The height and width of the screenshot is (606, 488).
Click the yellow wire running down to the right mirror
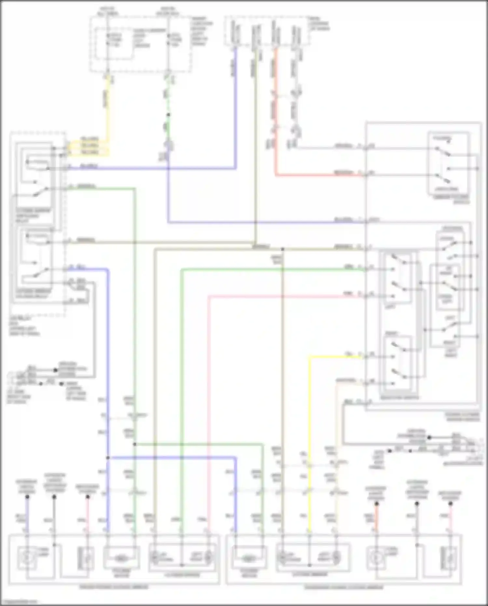[x=309, y=423]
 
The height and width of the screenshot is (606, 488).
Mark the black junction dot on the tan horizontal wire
[x=283, y=249]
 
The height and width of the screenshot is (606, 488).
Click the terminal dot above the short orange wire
[x=376, y=504]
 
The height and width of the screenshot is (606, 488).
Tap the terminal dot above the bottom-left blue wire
[x=27, y=497]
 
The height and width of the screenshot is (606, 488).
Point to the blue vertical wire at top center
[x=236, y=107]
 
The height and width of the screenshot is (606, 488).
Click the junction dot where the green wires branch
[x=135, y=444]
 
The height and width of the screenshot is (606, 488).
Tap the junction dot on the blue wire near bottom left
[x=108, y=458]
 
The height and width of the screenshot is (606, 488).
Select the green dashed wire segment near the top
[x=168, y=98]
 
